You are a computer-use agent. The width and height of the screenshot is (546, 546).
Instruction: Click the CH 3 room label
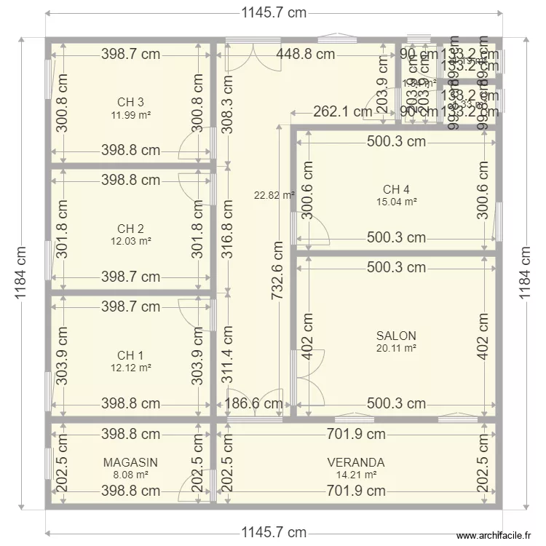pos(130,102)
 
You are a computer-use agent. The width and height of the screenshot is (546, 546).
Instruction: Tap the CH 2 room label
pos(130,229)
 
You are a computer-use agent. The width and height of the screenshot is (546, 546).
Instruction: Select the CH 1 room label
pos(130,355)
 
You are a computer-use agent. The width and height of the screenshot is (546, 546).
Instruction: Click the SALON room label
pos(396,336)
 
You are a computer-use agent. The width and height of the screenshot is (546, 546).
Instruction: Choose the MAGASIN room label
pos(130,462)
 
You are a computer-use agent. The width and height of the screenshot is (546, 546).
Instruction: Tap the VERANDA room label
pos(356,462)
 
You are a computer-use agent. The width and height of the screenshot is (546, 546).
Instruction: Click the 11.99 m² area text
pos(130,114)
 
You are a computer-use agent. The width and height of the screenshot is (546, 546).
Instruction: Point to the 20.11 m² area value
pos(396,349)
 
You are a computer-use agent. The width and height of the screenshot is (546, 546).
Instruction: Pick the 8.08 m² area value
pos(130,475)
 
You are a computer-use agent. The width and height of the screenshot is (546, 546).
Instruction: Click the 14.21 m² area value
pos(356,475)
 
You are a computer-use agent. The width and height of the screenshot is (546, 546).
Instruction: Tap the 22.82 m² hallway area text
pos(274,195)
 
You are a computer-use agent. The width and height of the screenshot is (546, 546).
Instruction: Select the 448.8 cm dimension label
pos(305,54)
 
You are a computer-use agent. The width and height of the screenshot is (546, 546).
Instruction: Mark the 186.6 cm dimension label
pos(253,403)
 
